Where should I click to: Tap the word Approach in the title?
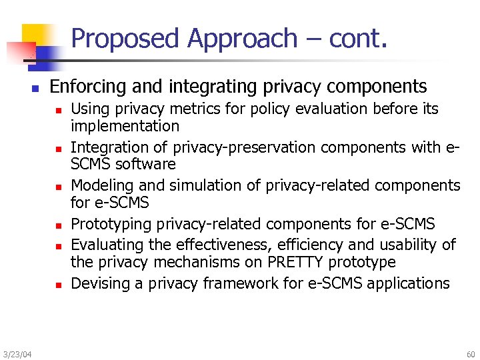241,39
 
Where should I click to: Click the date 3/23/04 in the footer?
17,354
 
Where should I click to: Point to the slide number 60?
471,354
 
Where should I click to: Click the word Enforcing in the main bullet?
87,87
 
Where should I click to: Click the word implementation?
125,126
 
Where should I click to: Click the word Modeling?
101,185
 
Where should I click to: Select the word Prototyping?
108,224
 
